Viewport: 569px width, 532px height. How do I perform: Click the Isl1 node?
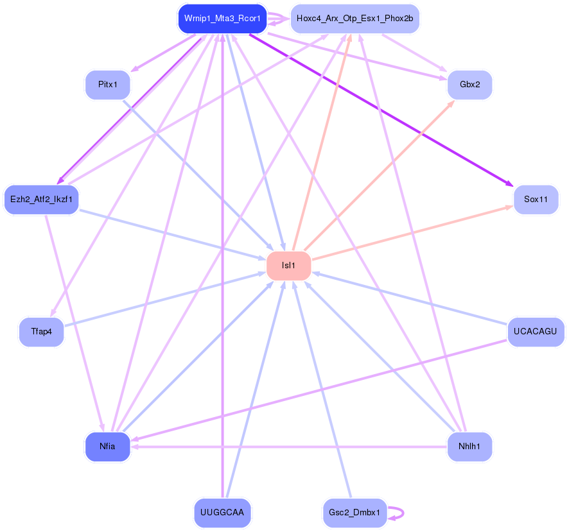click(x=288, y=266)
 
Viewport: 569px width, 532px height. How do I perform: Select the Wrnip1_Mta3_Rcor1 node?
click(x=222, y=19)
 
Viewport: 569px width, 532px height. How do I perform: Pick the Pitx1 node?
click(x=107, y=85)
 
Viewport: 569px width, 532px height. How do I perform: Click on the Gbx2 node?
click(x=469, y=85)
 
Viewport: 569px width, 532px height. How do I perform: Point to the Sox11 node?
click(x=536, y=200)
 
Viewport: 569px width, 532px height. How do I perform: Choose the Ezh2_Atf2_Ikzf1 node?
click(x=41, y=200)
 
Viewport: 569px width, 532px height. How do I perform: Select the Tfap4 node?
click(x=41, y=332)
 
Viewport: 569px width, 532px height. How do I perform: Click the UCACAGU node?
click(x=536, y=332)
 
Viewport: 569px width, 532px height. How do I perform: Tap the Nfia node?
click(x=107, y=446)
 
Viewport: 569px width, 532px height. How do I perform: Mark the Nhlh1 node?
click(x=469, y=446)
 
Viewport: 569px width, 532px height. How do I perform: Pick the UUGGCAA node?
click(x=222, y=512)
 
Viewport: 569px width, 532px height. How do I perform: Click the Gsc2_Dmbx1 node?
click(x=355, y=512)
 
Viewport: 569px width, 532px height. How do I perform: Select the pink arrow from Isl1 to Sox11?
click(x=411, y=233)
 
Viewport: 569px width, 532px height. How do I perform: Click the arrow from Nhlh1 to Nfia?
click(x=289, y=446)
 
